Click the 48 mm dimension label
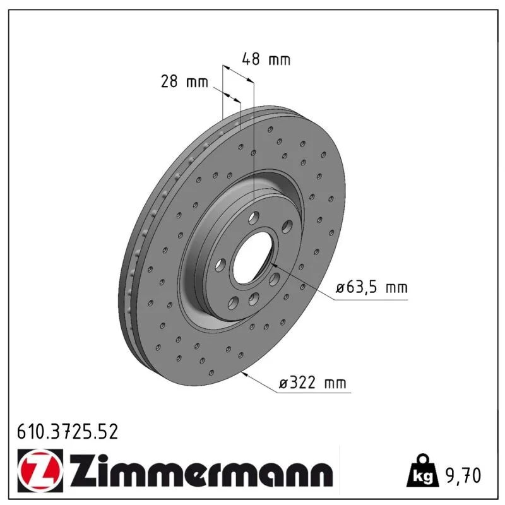pos(266,59)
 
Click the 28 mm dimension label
pos(184,81)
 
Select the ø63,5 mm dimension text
pos(372,287)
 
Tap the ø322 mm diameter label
pos(312,383)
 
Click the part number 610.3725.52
pos(68,432)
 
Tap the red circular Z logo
pos(40,470)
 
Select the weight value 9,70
pos(463,475)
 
